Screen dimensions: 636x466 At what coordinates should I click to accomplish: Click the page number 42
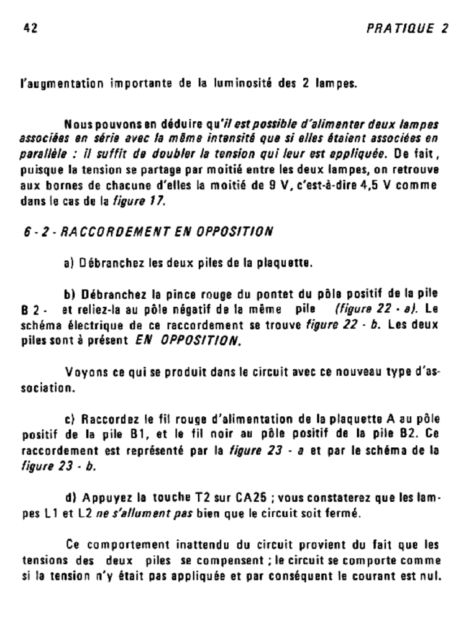[x=29, y=28]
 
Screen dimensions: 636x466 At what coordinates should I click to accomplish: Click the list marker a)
[x=70, y=263]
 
